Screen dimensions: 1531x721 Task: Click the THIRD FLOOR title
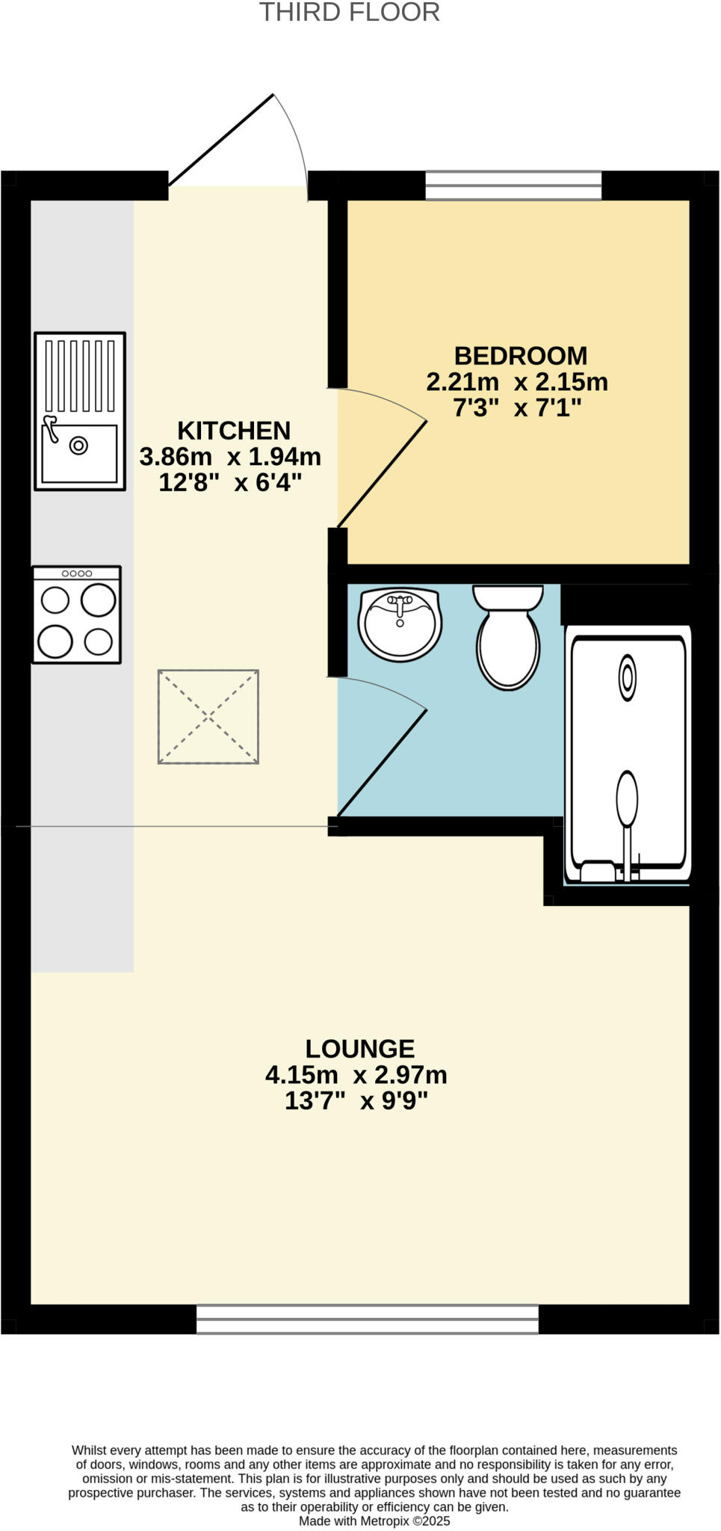pos(349,13)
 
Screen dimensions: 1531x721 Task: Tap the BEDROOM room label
pos(520,356)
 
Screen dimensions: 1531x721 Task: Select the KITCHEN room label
pos(233,431)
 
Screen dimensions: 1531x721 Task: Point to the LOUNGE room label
pos(359,1049)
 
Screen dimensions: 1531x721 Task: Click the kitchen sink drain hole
pos(78,446)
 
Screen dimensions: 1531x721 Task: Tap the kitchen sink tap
pos(51,428)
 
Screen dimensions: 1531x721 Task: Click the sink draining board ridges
pos(80,376)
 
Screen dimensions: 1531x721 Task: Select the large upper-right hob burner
pos(98,600)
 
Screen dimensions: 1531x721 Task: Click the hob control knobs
pos(76,573)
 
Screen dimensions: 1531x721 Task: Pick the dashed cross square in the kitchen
pos(208,717)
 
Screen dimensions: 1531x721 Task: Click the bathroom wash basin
pos(400,625)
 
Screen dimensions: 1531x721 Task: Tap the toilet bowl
pos(509,647)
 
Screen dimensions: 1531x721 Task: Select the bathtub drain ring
pos(628,677)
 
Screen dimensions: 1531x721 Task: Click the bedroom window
pos(513,185)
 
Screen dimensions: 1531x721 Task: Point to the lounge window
pos(367,1319)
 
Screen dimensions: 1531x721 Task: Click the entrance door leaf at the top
pos(221,140)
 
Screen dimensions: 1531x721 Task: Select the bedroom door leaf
pos(382,475)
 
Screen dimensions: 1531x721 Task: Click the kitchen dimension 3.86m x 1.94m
pos(230,457)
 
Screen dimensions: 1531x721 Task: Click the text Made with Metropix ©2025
pos(374,1521)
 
